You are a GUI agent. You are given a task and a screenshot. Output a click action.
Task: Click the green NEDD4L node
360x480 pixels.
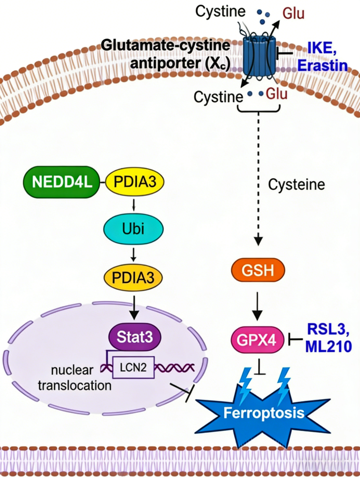coord(62,182)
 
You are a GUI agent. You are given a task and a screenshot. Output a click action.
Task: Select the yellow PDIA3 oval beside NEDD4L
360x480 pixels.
coord(135,182)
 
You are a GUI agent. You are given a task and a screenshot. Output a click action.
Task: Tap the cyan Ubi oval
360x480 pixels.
coord(133,229)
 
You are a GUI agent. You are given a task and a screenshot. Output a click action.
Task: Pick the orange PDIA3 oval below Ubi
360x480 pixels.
coord(133,278)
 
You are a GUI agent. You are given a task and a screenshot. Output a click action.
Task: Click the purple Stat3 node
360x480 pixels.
coord(135,337)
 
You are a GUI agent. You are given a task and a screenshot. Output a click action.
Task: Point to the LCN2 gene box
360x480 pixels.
coord(133,367)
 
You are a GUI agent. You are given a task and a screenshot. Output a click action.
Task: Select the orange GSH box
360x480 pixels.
coord(258,270)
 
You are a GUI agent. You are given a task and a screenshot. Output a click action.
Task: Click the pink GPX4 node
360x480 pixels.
coord(257,340)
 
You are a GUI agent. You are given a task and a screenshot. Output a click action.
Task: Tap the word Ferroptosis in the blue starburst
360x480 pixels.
coord(264,412)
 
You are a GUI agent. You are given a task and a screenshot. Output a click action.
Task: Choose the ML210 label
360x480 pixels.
coord(328,346)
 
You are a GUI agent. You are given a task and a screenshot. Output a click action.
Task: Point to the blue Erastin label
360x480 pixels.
coord(323,65)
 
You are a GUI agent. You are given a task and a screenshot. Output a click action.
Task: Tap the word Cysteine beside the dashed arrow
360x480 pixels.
coord(296,184)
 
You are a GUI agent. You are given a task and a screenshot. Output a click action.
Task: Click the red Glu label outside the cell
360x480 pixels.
coord(293,13)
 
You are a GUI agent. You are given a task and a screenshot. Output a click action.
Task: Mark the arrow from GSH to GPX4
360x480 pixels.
coord(257,306)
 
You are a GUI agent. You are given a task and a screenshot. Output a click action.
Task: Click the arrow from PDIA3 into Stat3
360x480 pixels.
coord(134,308)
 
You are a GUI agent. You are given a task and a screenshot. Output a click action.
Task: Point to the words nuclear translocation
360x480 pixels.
coord(75,377)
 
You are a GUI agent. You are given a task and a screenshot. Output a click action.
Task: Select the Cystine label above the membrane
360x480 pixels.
coord(220,12)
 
